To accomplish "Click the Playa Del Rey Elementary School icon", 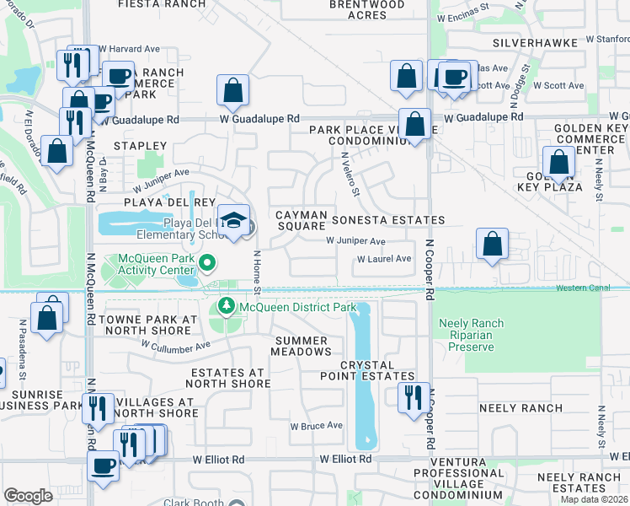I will coord(233,221).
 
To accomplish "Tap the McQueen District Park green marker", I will coord(225,305).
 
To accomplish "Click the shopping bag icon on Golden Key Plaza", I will coord(558,161).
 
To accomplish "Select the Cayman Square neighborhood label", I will coord(301,220).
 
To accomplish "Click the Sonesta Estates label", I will coord(387,220).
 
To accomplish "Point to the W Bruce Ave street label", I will coord(316,426).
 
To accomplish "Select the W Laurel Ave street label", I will coord(384,259).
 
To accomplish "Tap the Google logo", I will coord(28,496).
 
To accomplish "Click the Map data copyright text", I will coord(595,499).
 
